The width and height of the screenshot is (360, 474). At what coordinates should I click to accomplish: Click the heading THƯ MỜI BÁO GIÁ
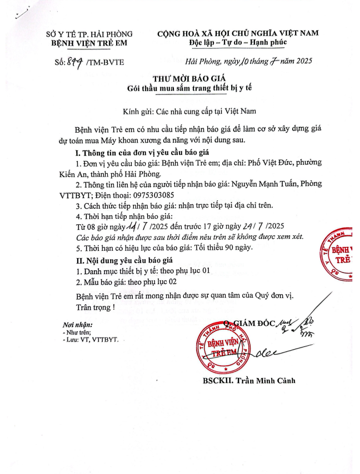[179, 78]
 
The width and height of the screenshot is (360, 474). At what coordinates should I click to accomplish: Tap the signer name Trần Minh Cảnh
[259, 381]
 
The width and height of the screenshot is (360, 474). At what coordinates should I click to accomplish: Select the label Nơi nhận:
[77, 324]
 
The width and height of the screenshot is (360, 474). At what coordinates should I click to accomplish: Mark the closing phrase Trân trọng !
[96, 306]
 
